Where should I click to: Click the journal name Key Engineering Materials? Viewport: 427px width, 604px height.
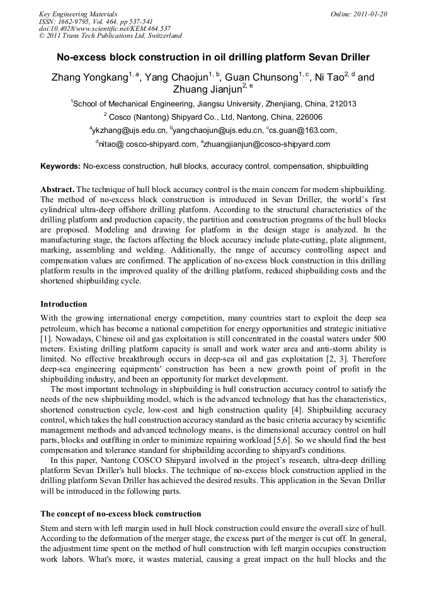(x=78, y=13)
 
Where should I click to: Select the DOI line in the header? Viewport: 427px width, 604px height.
(x=105, y=28)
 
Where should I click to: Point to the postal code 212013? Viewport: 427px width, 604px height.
(x=343, y=104)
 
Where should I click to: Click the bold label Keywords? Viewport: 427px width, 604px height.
(x=60, y=167)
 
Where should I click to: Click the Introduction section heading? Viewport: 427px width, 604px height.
(x=64, y=304)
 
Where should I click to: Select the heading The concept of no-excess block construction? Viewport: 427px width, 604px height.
(x=121, y=514)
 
